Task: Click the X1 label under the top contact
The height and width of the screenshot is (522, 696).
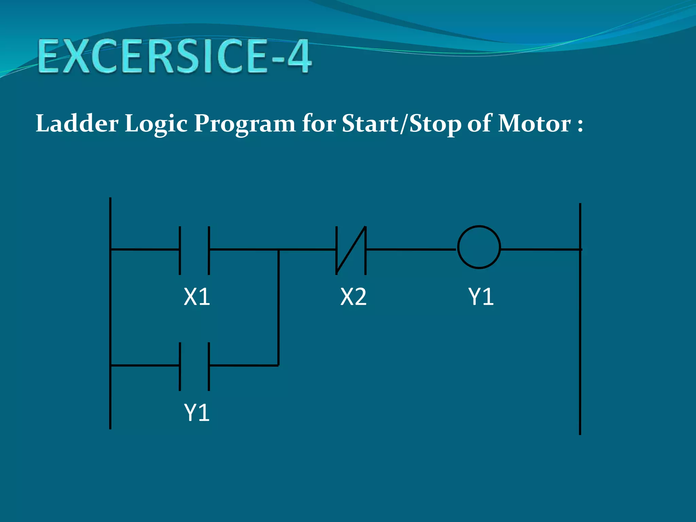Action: (x=197, y=297)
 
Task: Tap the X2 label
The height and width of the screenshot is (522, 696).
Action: (x=353, y=297)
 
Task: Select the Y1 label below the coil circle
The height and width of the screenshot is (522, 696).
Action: (x=481, y=297)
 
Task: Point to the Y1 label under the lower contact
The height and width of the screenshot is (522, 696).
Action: (x=197, y=413)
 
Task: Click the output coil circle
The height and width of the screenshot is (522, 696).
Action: (x=479, y=247)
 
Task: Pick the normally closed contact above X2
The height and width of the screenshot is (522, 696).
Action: (x=351, y=250)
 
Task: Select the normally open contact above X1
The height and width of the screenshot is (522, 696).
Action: (x=194, y=250)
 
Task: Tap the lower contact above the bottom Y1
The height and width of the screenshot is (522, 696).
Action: (x=194, y=366)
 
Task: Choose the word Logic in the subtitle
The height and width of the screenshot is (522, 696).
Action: (x=156, y=124)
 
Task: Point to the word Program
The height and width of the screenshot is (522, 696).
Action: (x=244, y=124)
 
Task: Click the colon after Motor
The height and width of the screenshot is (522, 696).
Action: (x=580, y=125)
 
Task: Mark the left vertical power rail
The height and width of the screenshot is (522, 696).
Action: (x=110, y=313)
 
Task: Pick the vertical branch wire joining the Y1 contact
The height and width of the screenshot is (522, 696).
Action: (x=278, y=308)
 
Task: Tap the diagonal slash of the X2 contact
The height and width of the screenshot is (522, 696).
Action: (x=351, y=250)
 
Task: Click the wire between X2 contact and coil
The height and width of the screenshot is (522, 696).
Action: (x=411, y=249)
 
